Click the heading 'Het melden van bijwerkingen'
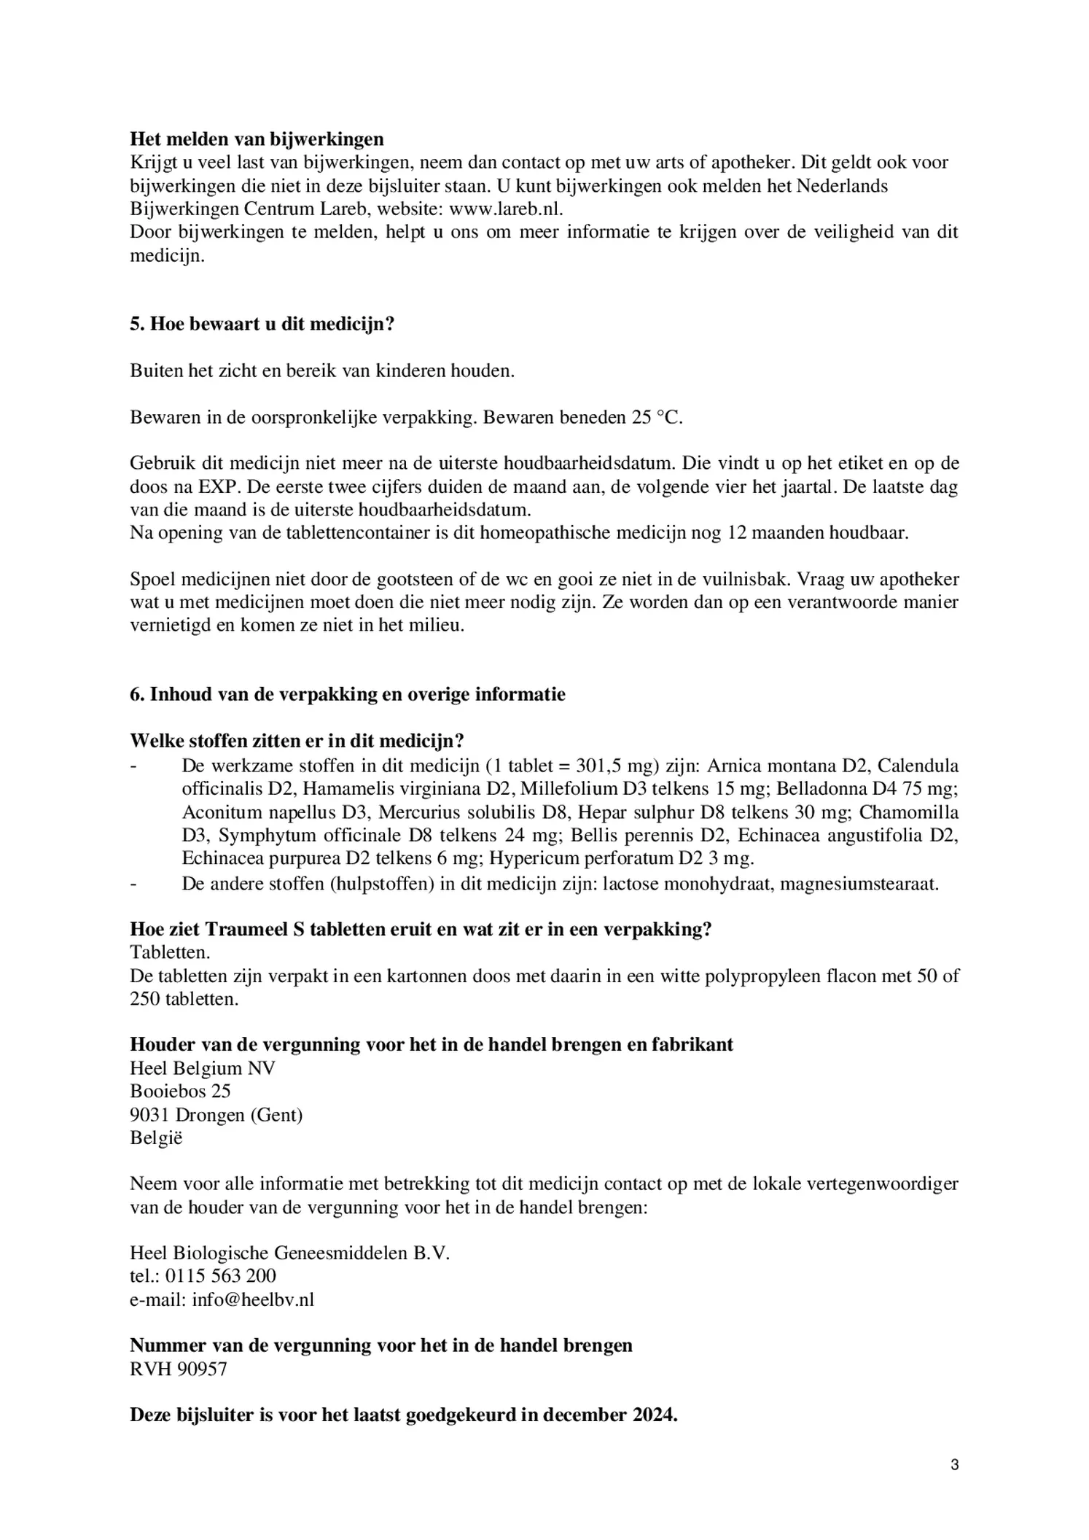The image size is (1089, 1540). tap(257, 139)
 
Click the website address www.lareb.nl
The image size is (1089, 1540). tap(506, 209)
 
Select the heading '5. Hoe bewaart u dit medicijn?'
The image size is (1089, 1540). tap(262, 324)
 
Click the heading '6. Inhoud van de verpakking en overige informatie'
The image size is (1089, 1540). tap(348, 694)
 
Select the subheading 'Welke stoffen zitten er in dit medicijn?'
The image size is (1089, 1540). tap(297, 741)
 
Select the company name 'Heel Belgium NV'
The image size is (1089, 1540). tap(203, 1068)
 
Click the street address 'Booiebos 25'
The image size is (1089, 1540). tap(180, 1092)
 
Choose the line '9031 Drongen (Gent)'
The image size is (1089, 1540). tap(216, 1115)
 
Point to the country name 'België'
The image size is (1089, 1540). tap(156, 1137)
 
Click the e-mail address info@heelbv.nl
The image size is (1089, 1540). tap(253, 1299)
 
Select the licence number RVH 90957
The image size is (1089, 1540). tap(179, 1369)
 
